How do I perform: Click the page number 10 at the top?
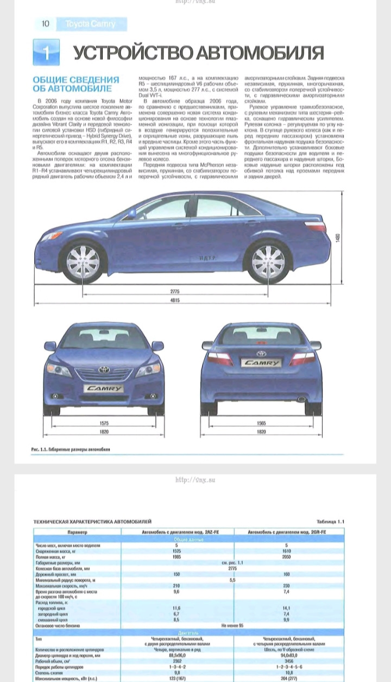click(46, 24)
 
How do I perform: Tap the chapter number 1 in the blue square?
click(46, 53)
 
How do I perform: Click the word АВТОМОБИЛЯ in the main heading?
click(260, 53)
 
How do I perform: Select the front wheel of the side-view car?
click(83, 260)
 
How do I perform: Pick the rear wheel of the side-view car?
click(268, 261)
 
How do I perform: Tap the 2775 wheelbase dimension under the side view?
click(174, 291)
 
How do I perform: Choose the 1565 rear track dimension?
click(261, 423)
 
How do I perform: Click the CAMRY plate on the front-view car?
click(103, 389)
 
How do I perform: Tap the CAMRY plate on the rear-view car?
click(261, 362)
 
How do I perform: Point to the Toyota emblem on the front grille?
click(103, 370)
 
